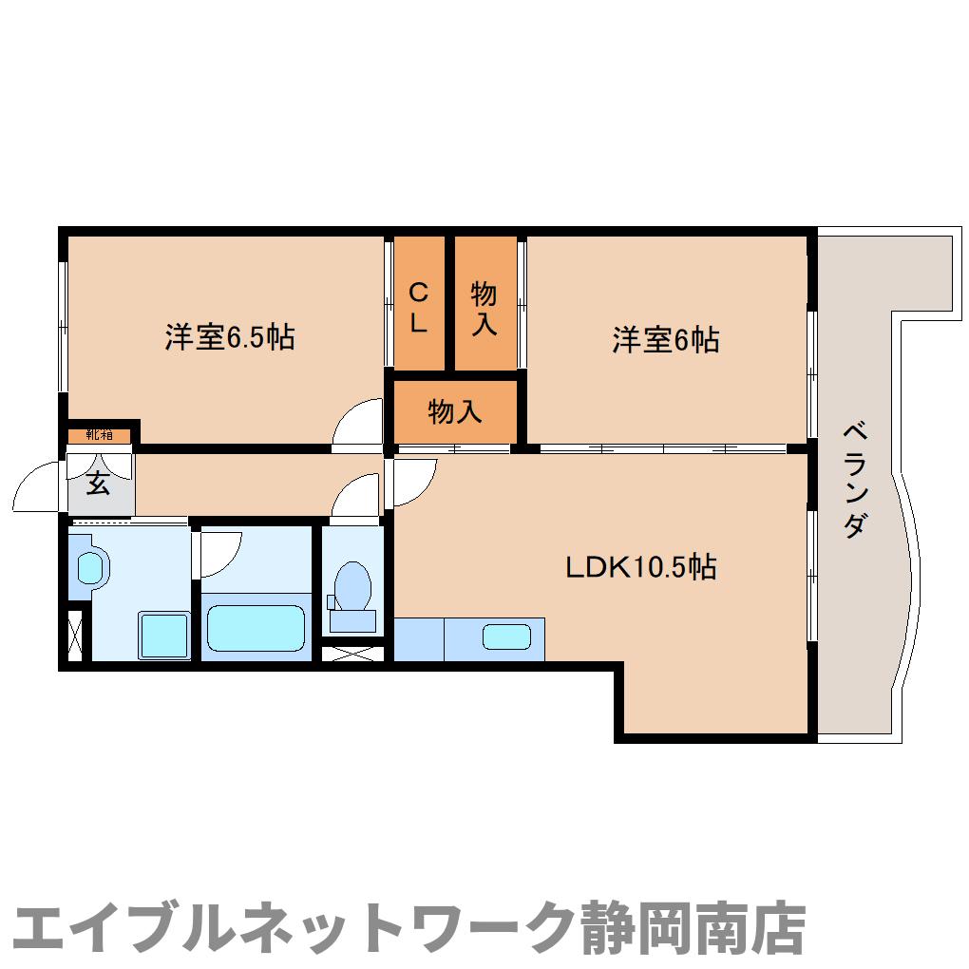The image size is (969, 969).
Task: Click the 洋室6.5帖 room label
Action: tap(229, 337)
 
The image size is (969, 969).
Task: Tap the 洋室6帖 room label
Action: tap(664, 339)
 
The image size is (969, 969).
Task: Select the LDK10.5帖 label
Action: tap(640, 567)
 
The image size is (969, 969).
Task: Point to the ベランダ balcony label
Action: tap(854, 481)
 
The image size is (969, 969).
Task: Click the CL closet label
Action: tap(418, 307)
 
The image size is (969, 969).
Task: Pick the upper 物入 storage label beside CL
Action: tap(484, 308)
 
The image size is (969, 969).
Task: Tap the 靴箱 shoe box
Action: tap(99, 435)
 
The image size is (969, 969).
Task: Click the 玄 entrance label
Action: tap(97, 483)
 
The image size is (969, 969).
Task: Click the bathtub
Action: tap(256, 623)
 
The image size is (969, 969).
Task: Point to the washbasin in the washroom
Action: tap(89, 568)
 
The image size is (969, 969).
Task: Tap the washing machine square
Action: tap(163, 635)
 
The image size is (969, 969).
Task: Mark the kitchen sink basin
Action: tap(505, 636)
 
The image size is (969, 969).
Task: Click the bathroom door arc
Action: tap(220, 550)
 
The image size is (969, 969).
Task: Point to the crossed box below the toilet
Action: tap(353, 654)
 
